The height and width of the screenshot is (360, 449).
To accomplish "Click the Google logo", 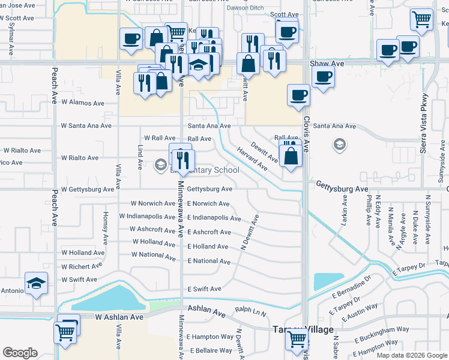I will tap(20, 353).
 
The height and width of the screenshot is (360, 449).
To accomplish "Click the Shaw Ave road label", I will tap(327, 63).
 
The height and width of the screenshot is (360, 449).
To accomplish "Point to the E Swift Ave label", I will tap(204, 289).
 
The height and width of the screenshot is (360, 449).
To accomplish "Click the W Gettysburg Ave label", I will tap(88, 189).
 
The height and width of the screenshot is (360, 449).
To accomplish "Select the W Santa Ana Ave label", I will tap(86, 126).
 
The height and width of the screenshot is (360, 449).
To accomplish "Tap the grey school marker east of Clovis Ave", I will tap(340, 145).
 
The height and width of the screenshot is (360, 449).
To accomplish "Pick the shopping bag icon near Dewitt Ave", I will tap(291, 157).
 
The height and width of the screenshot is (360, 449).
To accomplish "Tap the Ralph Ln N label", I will tap(250, 312).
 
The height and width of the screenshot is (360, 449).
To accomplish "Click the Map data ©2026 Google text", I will tap(411, 355).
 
